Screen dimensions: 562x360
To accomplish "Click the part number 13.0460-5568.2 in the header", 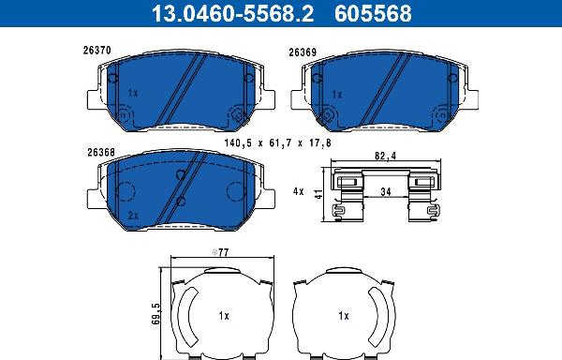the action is pos(232,13).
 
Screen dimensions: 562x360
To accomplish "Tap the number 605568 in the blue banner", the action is pos(373,13).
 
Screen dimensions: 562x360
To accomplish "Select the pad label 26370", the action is pos(97,51).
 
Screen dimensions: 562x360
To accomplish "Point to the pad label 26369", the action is pos(303,52).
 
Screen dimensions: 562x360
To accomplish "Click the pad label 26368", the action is pos(101,153).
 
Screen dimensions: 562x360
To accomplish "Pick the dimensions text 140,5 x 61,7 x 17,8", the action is pos(278,143).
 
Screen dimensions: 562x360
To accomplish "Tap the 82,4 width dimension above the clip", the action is pos(385,157).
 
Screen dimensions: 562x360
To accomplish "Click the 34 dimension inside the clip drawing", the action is pos(386,192).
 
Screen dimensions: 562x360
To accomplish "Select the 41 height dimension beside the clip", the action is pos(318,194).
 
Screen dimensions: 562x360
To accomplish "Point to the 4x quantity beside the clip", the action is pos(298,192).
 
